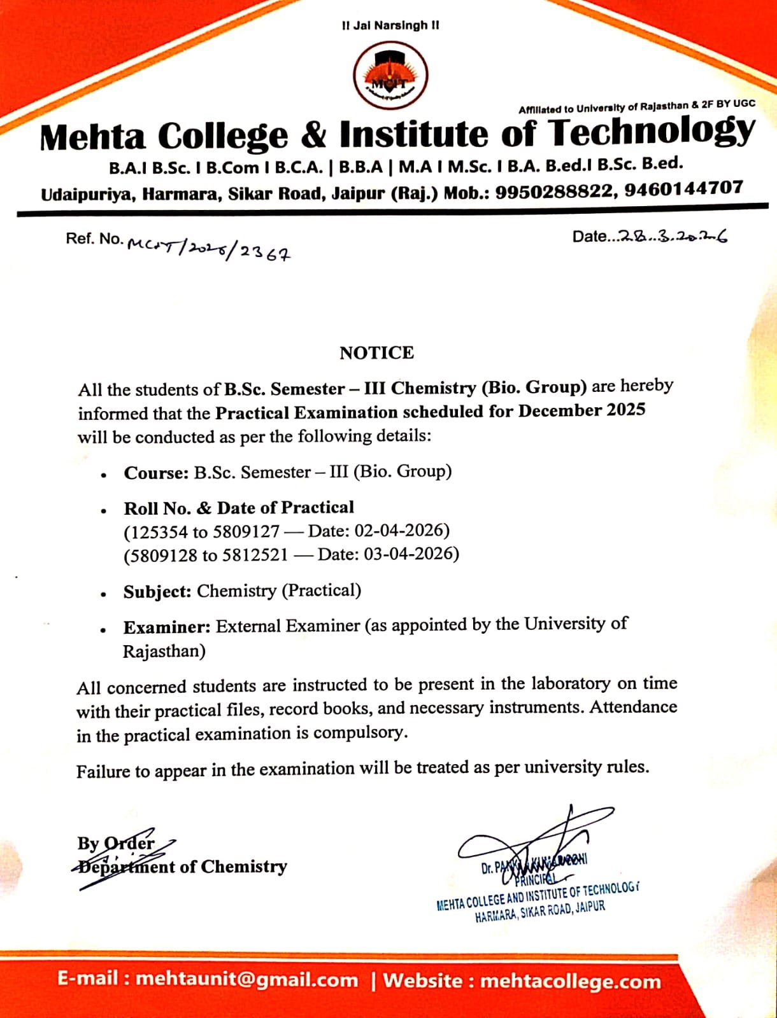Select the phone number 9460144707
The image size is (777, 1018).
[683, 188]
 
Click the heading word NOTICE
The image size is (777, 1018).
[376, 352]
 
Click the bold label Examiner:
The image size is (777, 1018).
[167, 627]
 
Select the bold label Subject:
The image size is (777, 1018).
[157, 592]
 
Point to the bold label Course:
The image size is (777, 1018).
[156, 473]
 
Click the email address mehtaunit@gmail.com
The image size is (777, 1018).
[247, 979]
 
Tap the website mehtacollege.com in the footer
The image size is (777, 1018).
[570, 980]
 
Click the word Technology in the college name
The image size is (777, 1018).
[652, 132]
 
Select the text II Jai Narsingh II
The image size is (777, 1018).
[390, 25]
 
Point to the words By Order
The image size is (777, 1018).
[116, 843]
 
